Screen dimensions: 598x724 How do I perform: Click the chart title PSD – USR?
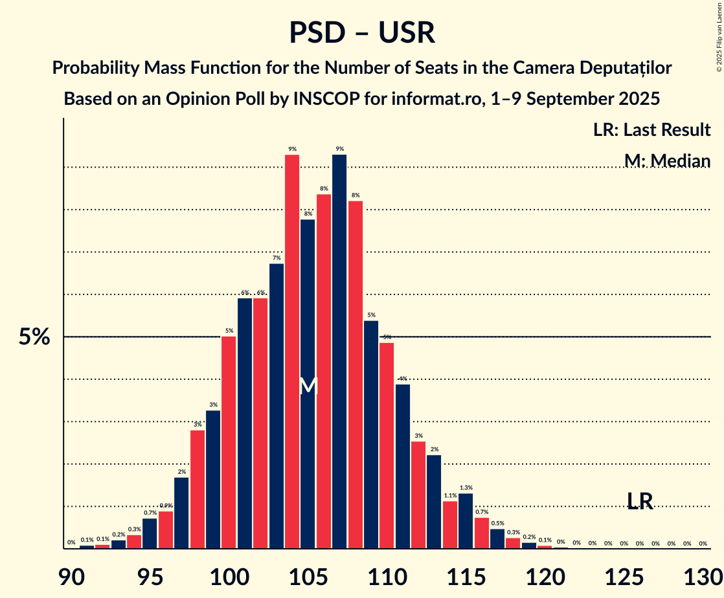pyautogui.click(x=362, y=32)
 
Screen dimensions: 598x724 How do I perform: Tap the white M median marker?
pyautogui.click(x=308, y=385)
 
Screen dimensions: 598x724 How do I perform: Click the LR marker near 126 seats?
pyautogui.click(x=640, y=501)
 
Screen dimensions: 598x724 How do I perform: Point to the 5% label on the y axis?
pyautogui.click(x=34, y=337)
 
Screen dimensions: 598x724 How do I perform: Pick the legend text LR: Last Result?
pyautogui.click(x=651, y=130)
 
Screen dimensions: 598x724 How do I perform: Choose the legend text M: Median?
pyautogui.click(x=667, y=161)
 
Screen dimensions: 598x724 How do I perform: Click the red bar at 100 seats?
pyautogui.click(x=229, y=443)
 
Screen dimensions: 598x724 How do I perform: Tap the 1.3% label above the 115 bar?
pyautogui.click(x=466, y=488)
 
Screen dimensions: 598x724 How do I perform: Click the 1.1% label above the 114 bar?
pyautogui.click(x=450, y=496)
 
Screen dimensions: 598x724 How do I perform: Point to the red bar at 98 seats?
pyautogui.click(x=198, y=489)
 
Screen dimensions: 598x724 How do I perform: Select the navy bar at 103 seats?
pyautogui.click(x=277, y=406)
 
